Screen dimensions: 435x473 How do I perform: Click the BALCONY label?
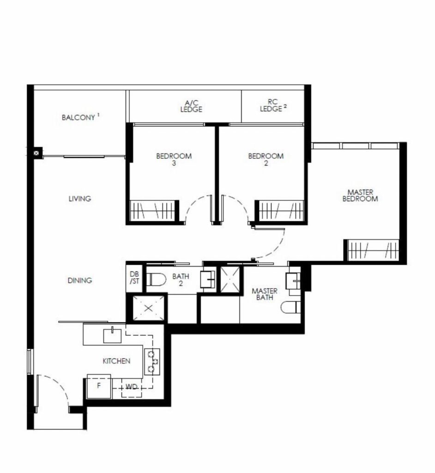click(79, 117)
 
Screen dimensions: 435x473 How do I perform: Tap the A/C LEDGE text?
click(191, 106)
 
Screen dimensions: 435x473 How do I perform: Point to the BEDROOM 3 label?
click(174, 159)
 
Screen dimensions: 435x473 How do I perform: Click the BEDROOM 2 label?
click(266, 159)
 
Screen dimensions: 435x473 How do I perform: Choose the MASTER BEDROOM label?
click(360, 195)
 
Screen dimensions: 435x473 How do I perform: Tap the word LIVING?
click(79, 199)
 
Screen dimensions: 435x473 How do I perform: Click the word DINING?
click(79, 280)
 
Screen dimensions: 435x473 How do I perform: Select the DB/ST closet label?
click(134, 278)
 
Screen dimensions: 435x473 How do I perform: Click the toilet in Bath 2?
click(156, 279)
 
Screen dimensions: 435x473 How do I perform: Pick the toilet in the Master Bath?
click(290, 307)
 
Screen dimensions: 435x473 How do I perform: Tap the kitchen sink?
click(112, 335)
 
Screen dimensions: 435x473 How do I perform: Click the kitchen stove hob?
click(152, 361)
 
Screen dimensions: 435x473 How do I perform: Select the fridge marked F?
click(99, 387)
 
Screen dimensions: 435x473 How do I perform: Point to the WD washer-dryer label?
click(132, 387)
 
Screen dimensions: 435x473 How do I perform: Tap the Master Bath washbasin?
click(293, 281)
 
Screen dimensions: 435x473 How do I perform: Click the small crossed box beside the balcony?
click(36, 153)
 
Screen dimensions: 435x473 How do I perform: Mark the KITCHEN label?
click(116, 361)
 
